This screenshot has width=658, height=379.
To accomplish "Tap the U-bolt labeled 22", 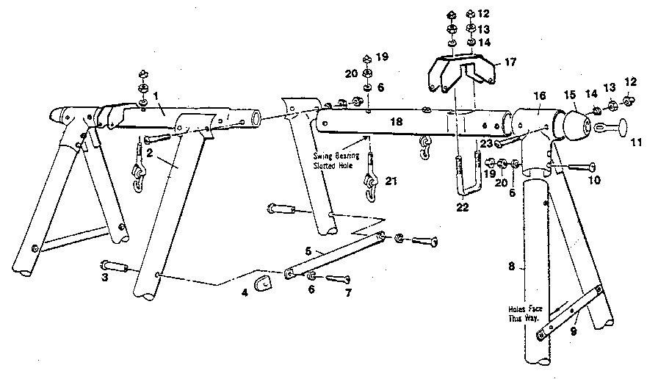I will pos(462,180).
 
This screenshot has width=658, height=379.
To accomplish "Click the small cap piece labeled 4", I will pos(262,282).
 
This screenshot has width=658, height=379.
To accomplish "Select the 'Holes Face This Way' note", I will pos(524,314).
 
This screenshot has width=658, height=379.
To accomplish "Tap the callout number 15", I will pos(570,95).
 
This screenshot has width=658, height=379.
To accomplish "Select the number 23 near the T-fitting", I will pos(485,145).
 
